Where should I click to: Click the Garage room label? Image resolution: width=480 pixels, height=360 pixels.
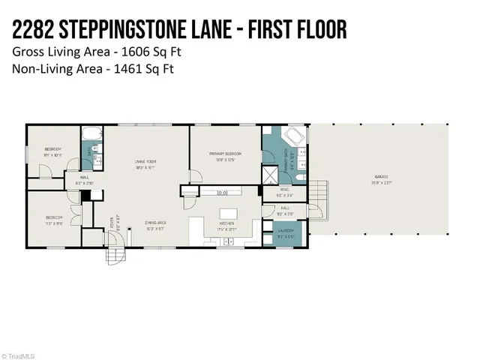click(x=382, y=178)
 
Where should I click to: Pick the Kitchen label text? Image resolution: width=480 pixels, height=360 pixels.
click(x=226, y=224)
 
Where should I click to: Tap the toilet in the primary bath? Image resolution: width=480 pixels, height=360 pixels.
click(x=298, y=177)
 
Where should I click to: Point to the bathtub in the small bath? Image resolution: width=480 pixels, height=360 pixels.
click(x=93, y=135)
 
